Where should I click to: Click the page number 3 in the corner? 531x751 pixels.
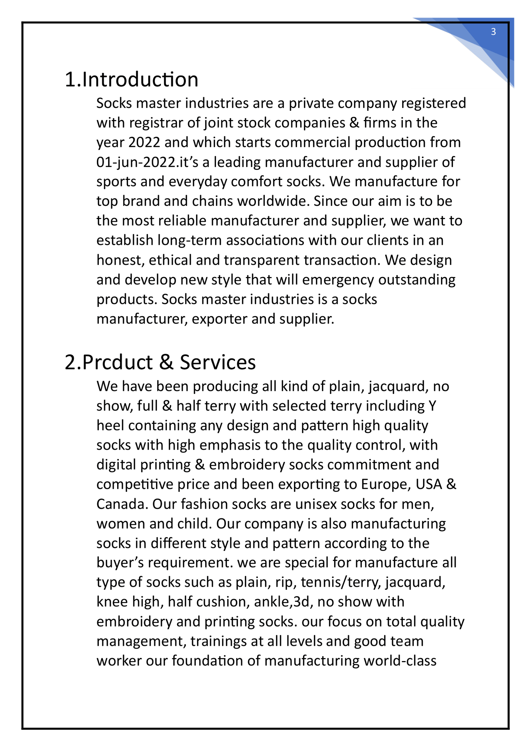pyautogui.click(x=493, y=32)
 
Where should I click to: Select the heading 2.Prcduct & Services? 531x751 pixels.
pyautogui.click(x=160, y=362)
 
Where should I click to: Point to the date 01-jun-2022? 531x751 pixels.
pyautogui.click(x=135, y=162)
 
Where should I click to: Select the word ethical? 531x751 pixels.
pyautogui.click(x=170, y=260)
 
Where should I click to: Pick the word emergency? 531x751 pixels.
pyautogui.click(x=338, y=280)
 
